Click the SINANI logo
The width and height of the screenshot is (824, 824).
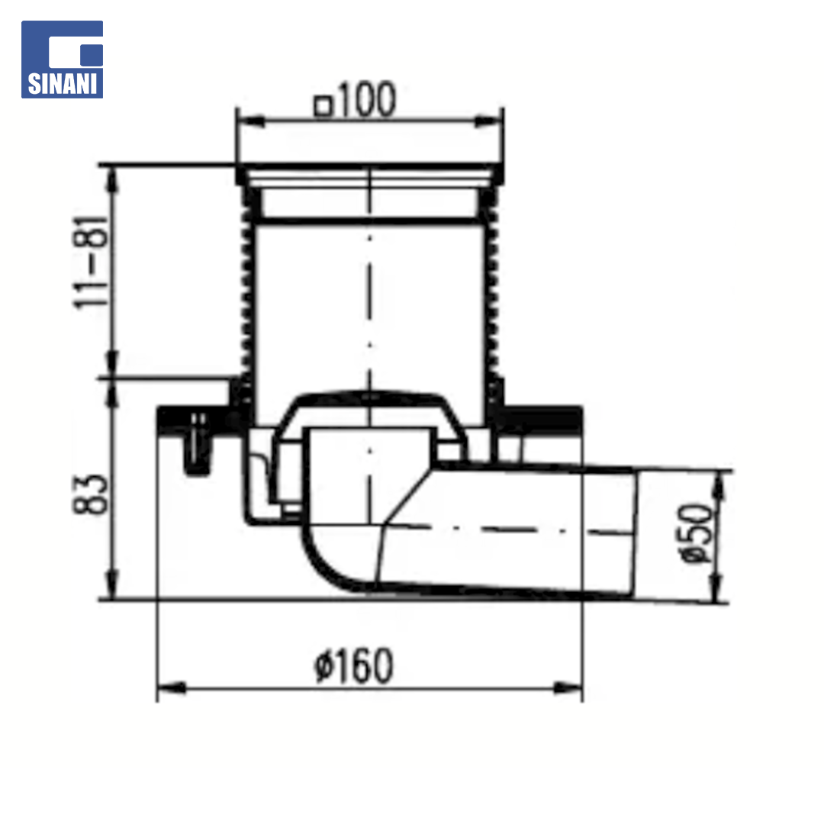coord(62,60)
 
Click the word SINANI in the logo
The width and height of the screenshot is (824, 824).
coord(63,84)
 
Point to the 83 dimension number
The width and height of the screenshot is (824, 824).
coord(90,494)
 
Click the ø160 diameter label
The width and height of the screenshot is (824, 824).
coord(354,665)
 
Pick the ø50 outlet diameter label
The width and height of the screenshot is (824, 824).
coord(697,533)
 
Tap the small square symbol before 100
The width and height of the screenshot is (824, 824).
coord(323,105)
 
